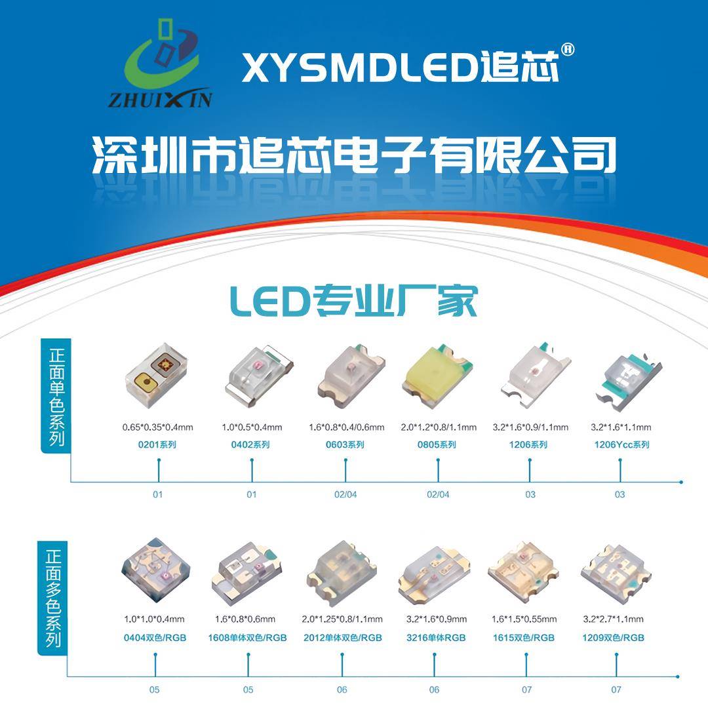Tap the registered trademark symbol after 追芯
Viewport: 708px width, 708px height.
[568, 50]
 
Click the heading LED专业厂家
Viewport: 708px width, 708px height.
[353, 301]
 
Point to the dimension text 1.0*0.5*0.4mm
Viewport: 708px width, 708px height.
[252, 427]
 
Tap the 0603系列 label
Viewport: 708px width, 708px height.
[345, 445]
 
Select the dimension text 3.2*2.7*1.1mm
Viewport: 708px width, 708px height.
[613, 619]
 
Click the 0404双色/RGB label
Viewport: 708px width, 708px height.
[155, 637]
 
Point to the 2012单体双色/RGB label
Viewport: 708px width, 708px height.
[342, 637]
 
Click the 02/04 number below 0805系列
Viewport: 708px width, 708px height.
[438, 494]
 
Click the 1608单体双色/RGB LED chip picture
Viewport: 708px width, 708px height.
[248, 569]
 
